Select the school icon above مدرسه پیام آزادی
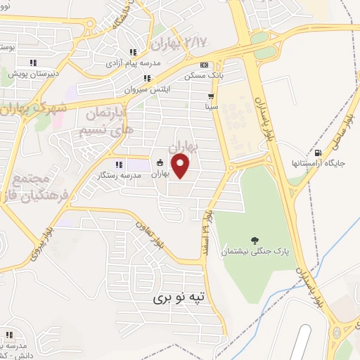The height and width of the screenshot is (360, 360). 133,53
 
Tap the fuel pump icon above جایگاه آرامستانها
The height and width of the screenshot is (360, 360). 319,153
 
